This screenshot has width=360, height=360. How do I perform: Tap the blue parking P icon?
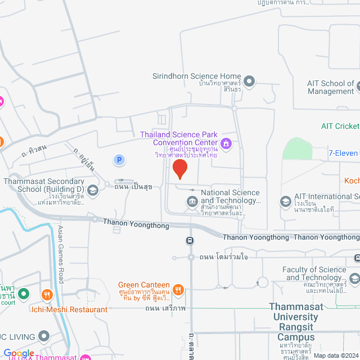pos(119,160)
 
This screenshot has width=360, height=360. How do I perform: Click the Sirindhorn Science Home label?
pos(197,76)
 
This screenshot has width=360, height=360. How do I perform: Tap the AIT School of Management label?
pos(331,87)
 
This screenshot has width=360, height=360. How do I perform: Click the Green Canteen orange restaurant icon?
pos(178,290)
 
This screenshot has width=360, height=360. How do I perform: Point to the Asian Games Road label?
pos(61,253)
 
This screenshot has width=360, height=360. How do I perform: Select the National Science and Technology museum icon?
pos(192,201)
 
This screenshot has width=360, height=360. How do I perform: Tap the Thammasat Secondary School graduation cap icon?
pos(93,190)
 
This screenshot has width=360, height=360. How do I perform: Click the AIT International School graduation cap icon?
pos(286,201)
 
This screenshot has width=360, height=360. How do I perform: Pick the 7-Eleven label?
pos(344,153)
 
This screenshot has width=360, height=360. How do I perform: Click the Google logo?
pos(19,353)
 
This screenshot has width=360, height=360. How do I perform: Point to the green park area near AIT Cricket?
pos(298,149)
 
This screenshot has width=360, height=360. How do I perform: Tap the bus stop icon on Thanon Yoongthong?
pos(191,240)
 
